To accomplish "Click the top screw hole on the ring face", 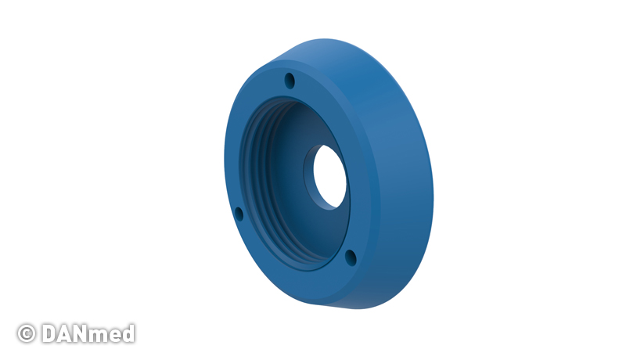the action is click(290, 81).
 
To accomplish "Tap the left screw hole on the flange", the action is click(239, 214).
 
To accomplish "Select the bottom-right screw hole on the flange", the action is click(351, 257).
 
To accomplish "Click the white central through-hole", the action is click(329, 176).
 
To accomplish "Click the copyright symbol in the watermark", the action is click(27, 333).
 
